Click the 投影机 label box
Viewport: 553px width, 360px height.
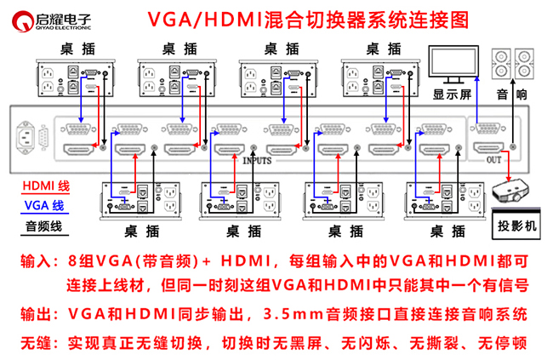(x=519, y=227)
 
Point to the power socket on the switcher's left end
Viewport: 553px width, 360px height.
(x=31, y=138)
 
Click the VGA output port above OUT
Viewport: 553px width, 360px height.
(x=487, y=129)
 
